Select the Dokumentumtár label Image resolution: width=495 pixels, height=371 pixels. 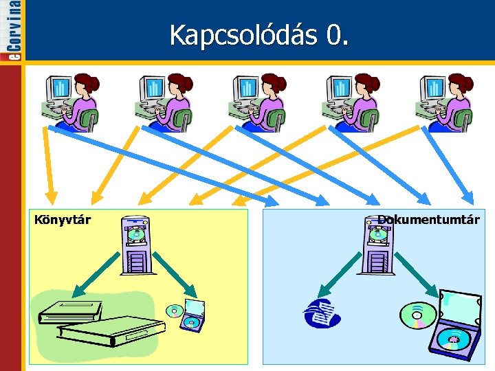(x=428, y=220)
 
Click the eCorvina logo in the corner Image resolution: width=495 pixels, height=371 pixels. (x=11, y=31)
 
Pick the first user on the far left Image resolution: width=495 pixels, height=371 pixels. (x=71, y=102)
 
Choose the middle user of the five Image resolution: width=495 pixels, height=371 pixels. (x=257, y=102)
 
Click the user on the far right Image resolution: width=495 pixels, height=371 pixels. (x=444, y=102)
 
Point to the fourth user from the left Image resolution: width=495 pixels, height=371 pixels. (x=351, y=102)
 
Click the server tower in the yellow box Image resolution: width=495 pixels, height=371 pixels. (x=135, y=245)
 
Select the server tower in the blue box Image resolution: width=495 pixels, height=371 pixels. (x=377, y=245)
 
